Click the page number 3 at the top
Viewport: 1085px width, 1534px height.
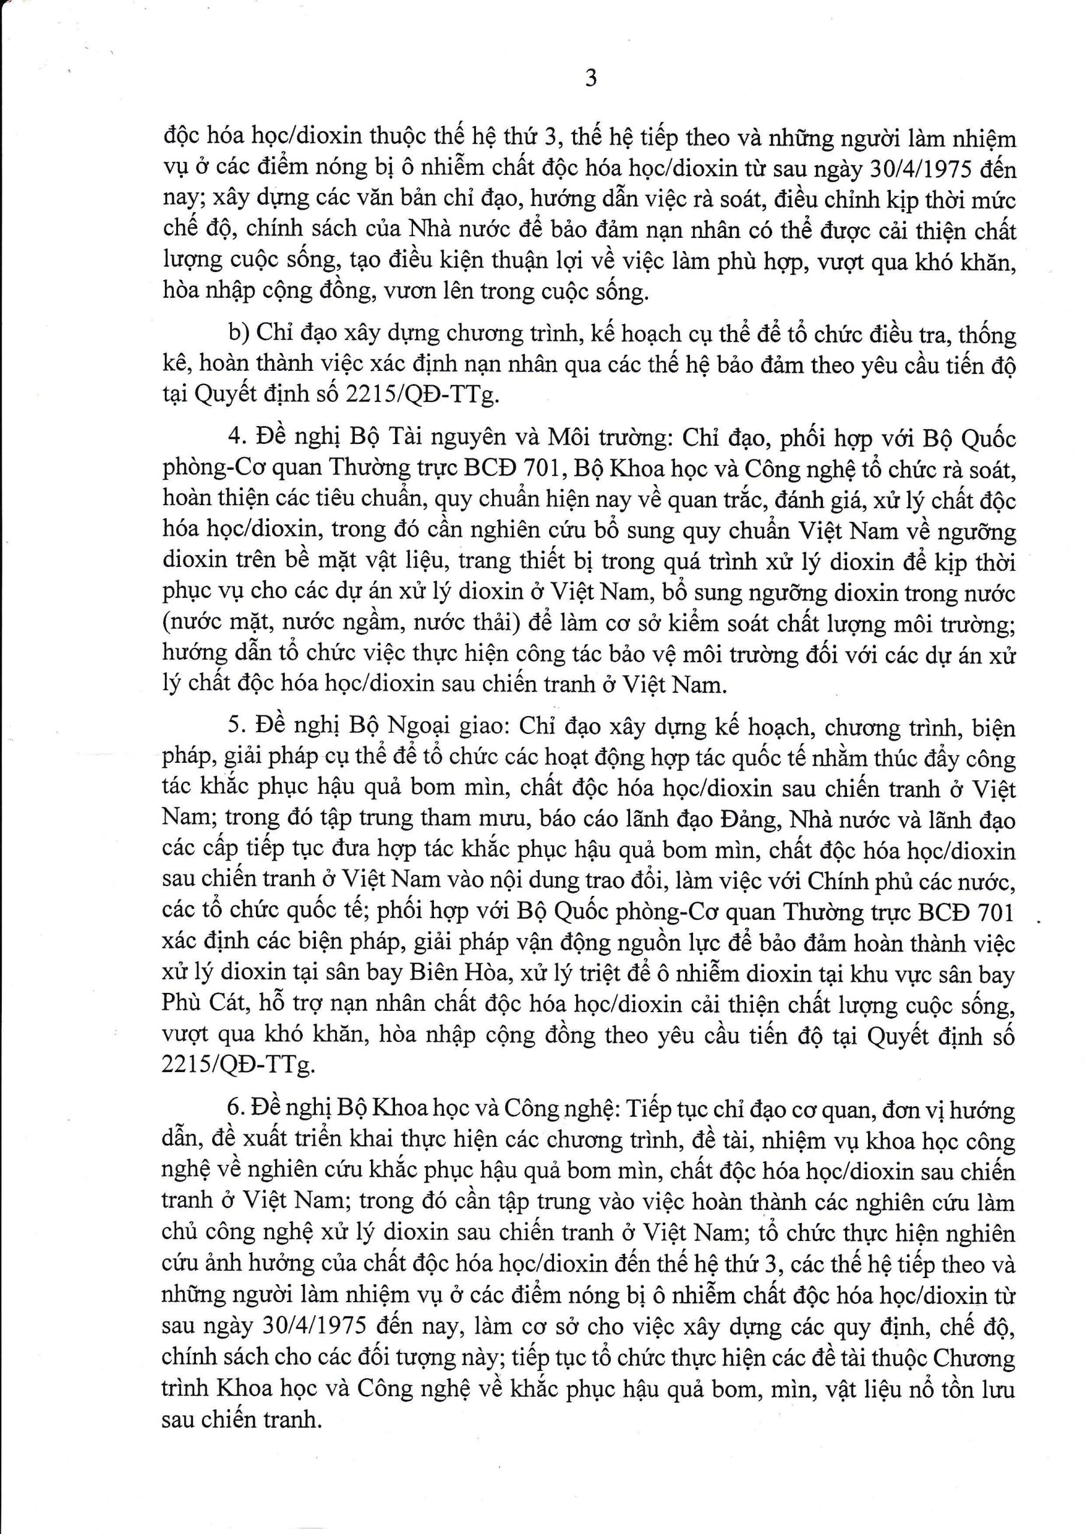click(x=590, y=79)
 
